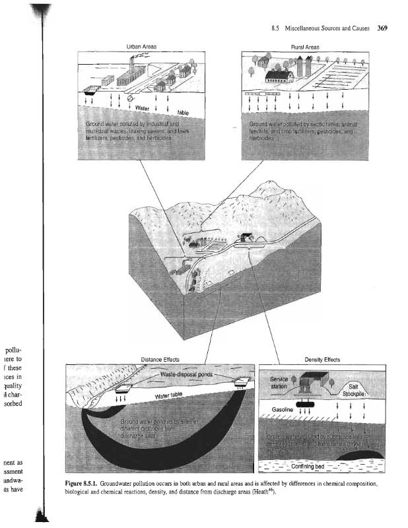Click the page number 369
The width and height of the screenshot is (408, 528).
pyautogui.click(x=382, y=28)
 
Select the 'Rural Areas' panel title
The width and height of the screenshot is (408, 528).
pyautogui.click(x=305, y=48)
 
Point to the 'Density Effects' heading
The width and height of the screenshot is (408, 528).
pyautogui.click(x=322, y=360)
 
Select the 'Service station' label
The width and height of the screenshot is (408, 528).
pyautogui.click(x=280, y=383)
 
